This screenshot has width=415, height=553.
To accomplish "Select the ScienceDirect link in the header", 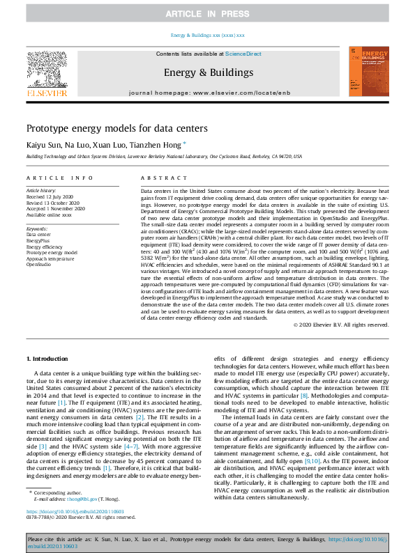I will (x=243, y=54).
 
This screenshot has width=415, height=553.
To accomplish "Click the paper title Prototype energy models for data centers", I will (x=127, y=128).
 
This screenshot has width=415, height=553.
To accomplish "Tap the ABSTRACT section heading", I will (x=160, y=178).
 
